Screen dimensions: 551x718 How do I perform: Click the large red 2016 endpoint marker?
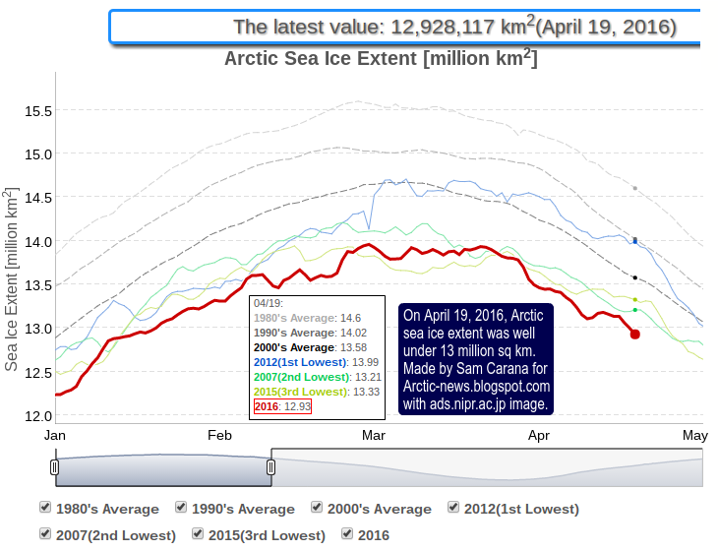tap(635, 335)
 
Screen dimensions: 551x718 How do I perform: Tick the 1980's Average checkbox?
tap(45, 508)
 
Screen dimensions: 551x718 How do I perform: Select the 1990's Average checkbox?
tap(181, 508)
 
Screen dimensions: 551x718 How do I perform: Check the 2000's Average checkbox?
tap(318, 508)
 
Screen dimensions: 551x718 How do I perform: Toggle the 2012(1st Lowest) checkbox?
tap(453, 508)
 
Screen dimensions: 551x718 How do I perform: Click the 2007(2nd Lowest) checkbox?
tap(45, 534)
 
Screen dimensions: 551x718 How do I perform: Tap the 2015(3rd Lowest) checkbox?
tap(199, 534)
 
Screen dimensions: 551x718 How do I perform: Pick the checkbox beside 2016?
tap(347, 534)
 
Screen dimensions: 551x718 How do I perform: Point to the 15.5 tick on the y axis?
tap(37, 110)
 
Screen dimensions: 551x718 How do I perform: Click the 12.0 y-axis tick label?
tap(37, 415)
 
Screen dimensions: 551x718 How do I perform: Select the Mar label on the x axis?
tap(374, 435)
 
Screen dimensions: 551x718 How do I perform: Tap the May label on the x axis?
tap(695, 435)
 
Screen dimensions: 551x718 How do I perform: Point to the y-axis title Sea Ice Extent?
tap(12, 281)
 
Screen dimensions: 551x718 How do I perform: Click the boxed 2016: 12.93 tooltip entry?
tap(281, 406)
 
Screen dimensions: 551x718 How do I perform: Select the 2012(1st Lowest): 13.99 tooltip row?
tap(315, 362)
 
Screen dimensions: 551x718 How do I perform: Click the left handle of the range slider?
tap(54, 467)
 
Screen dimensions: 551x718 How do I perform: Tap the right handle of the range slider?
tap(270, 467)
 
